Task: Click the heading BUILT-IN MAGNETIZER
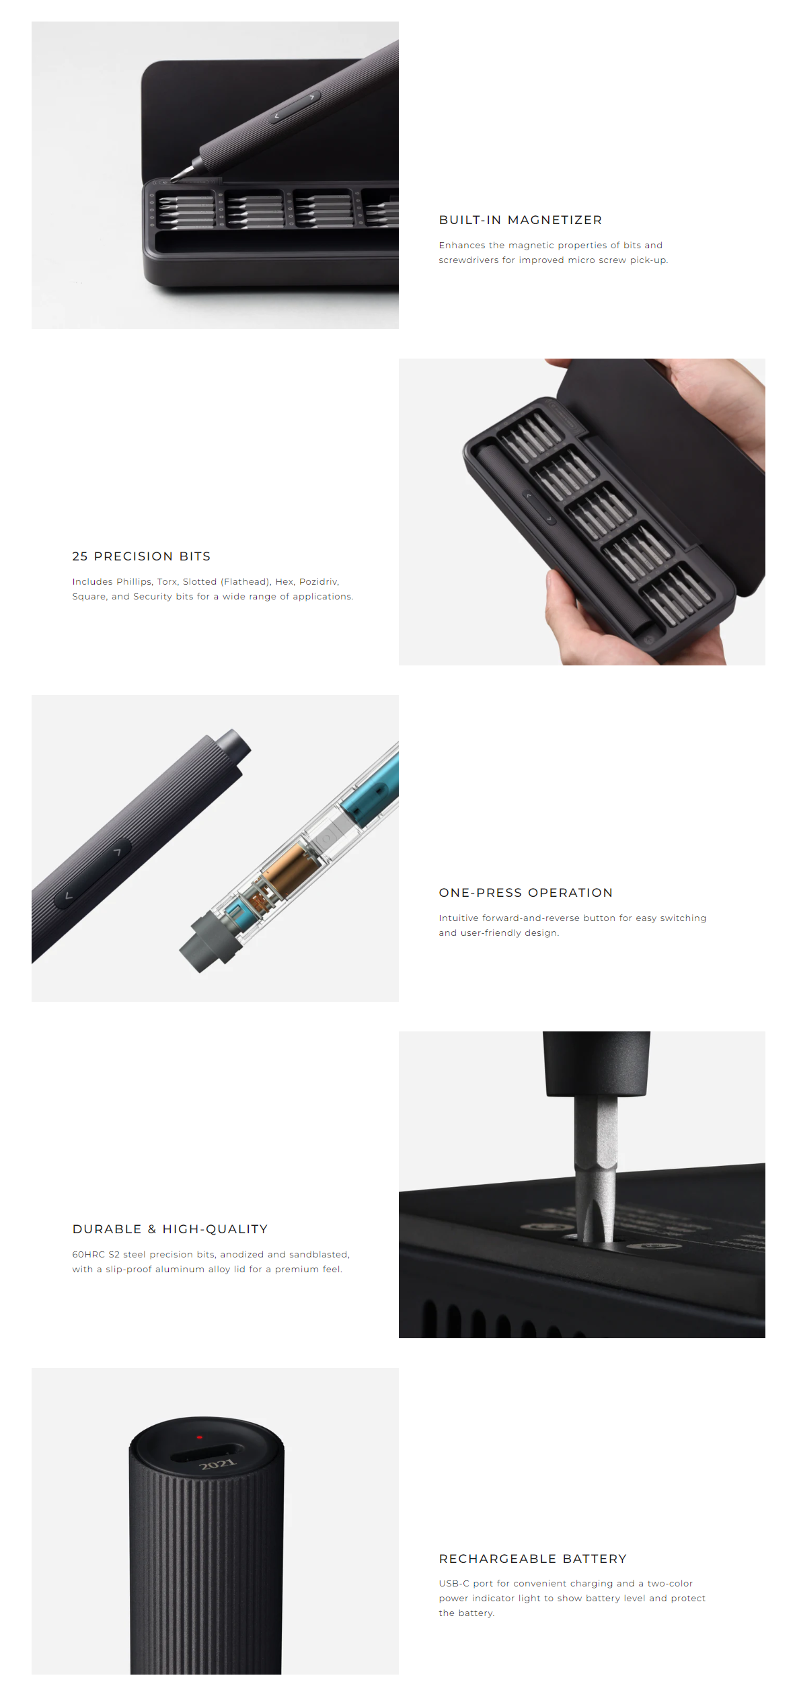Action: [x=520, y=220]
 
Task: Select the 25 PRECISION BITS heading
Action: [x=141, y=556]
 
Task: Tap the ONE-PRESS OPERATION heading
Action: [x=525, y=893]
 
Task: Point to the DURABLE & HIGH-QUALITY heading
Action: [x=169, y=1229]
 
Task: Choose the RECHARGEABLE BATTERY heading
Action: [x=532, y=1559]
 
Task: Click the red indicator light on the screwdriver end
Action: [x=199, y=1437]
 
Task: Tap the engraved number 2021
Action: [x=217, y=1464]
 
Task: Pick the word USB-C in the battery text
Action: [x=454, y=1584]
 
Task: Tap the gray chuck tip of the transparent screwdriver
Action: [x=204, y=943]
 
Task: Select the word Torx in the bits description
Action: [x=167, y=582]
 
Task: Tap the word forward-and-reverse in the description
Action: [x=531, y=918]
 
